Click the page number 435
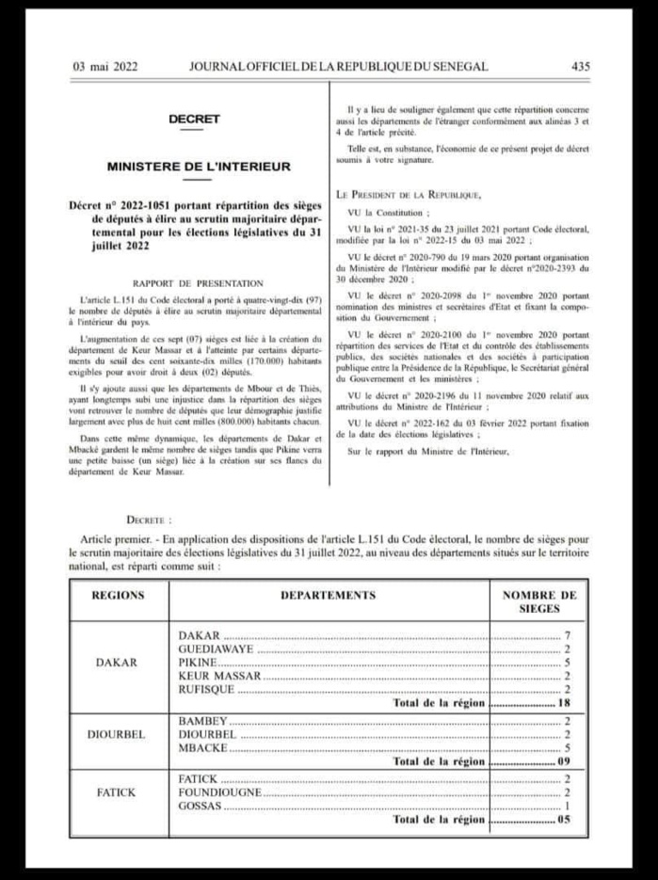[580, 66]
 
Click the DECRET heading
[194, 120]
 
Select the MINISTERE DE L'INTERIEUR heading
[199, 166]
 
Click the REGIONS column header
[118, 596]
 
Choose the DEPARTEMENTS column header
[328, 596]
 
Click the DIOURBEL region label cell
[118, 734]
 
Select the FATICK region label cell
[118, 793]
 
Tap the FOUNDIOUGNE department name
[218, 793]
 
